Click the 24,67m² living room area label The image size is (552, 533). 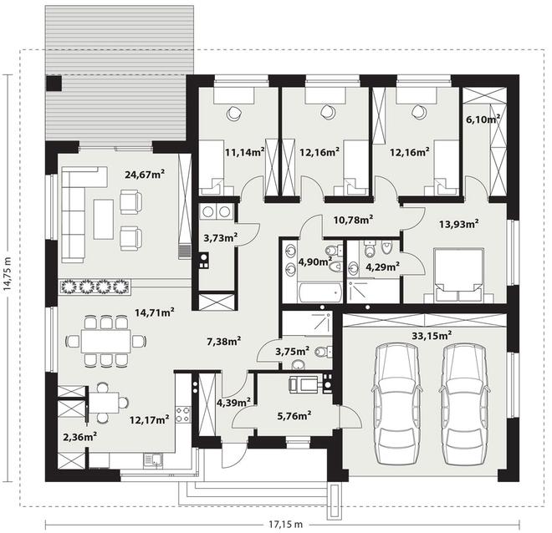145,174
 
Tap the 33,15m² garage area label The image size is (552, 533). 432,336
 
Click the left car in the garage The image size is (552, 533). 396,404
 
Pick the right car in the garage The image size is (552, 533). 464,404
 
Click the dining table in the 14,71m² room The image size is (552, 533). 105,341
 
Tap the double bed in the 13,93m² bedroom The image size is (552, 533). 458,275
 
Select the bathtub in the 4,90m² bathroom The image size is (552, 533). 320,292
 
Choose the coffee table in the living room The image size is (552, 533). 104,219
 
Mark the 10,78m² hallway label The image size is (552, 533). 354,220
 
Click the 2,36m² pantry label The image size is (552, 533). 80,437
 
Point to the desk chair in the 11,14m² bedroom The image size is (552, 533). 233,113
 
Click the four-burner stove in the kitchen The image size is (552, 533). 183,414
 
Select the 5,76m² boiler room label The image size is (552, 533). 294,415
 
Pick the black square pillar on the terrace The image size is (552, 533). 54,84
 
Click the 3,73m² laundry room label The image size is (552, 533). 220,238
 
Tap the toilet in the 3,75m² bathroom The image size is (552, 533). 322,352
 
